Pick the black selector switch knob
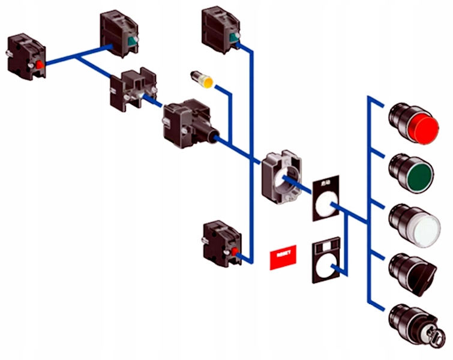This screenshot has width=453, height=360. click(418, 273)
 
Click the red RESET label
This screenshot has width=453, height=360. click(284, 257)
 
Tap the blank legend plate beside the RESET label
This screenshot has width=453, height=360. click(325, 262)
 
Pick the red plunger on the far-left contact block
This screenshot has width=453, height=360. click(40, 64)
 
